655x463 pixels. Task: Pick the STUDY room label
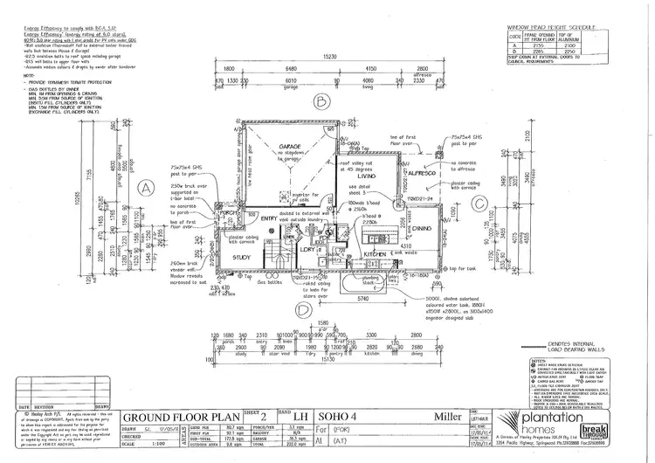[x=243, y=258]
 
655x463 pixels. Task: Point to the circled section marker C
[x=479, y=203]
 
